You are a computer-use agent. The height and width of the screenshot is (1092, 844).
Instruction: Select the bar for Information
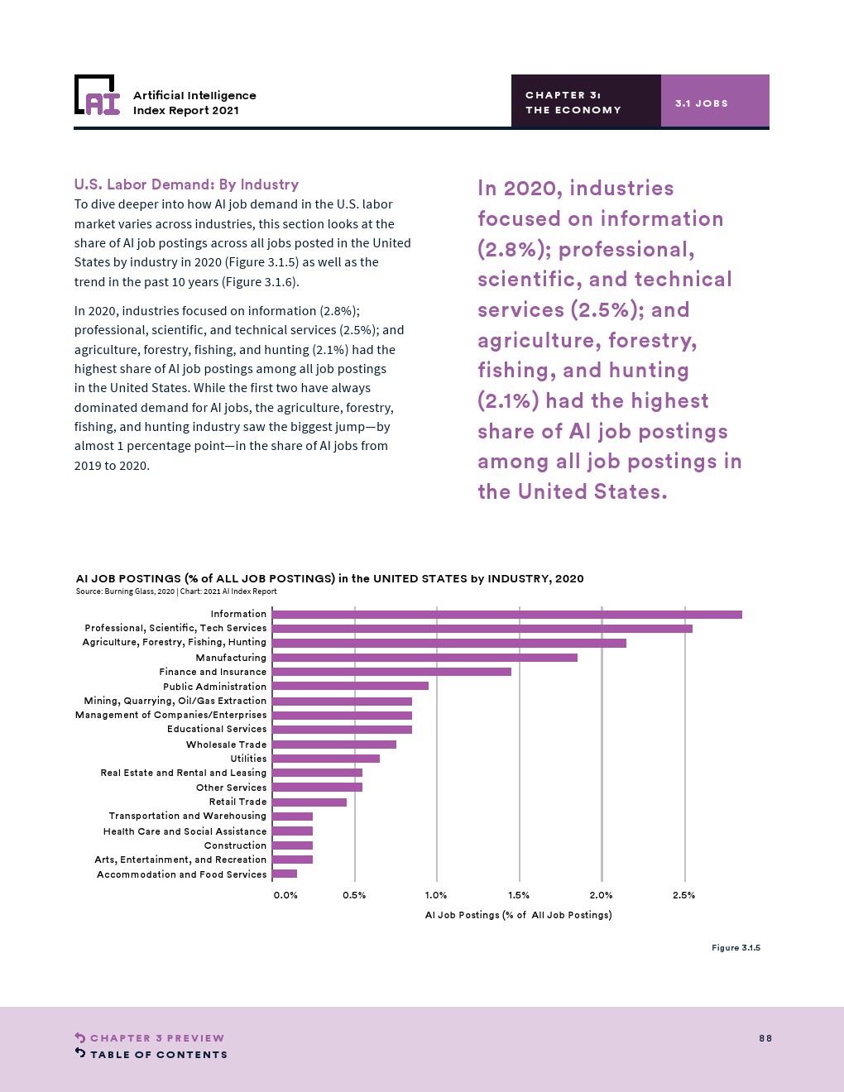click(x=506, y=615)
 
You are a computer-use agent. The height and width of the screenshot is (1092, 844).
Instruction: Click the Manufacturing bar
click(x=424, y=658)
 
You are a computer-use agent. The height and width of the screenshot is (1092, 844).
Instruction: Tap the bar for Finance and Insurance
click(x=391, y=672)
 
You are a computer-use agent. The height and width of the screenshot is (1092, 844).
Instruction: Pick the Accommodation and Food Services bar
click(x=285, y=874)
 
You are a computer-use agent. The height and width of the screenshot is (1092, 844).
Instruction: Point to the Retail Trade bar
click(x=309, y=802)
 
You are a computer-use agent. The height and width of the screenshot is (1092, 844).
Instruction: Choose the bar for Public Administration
click(x=350, y=686)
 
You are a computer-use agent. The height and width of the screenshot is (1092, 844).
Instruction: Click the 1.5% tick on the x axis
click(x=519, y=895)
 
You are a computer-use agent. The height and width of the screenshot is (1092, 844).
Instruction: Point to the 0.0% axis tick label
click(x=285, y=895)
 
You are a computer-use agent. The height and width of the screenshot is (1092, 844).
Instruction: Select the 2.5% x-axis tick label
click(x=683, y=895)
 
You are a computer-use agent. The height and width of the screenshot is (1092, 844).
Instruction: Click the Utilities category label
click(x=248, y=759)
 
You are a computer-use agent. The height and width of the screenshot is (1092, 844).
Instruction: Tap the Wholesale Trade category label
click(x=226, y=745)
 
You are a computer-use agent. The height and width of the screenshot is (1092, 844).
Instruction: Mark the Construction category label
click(x=235, y=845)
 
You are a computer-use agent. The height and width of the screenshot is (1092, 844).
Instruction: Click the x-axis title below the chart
click(x=518, y=915)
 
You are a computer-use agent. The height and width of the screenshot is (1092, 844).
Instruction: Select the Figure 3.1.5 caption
click(x=736, y=948)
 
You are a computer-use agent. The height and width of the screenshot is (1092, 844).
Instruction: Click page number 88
click(x=765, y=1038)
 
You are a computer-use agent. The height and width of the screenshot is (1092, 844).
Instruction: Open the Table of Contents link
click(x=158, y=1055)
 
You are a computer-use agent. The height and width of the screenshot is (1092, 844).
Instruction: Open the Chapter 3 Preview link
click(x=156, y=1038)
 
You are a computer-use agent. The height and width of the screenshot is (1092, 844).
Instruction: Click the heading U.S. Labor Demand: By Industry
click(x=186, y=184)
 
